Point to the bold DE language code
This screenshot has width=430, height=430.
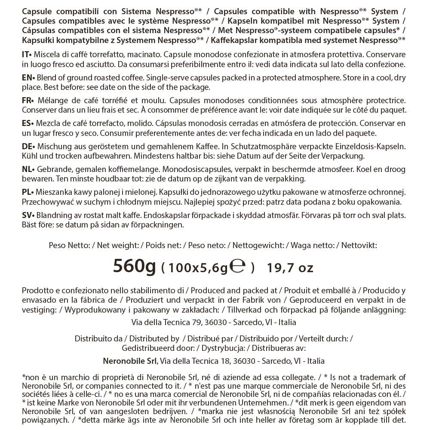27,147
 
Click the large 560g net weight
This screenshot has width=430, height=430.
134,267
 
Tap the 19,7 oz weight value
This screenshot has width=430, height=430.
290,268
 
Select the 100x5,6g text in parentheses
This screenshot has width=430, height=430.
198,268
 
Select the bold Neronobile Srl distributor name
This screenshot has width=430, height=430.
131,361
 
